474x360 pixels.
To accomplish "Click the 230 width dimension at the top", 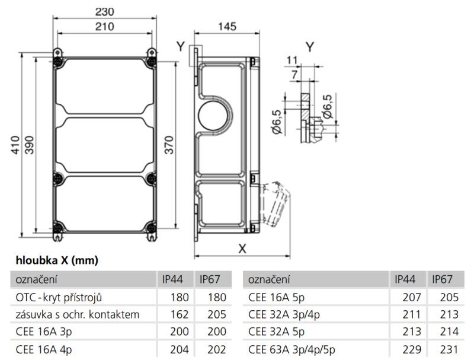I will click(x=104, y=11).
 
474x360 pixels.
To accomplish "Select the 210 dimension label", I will click(x=104, y=26).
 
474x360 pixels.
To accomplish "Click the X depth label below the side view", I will click(x=242, y=249).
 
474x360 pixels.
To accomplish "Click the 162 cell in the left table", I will click(x=180, y=314).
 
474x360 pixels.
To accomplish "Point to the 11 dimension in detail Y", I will click(x=290, y=59).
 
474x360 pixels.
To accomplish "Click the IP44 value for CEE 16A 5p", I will click(x=411, y=297).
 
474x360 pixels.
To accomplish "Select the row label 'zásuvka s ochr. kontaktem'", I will click(x=78, y=314).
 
